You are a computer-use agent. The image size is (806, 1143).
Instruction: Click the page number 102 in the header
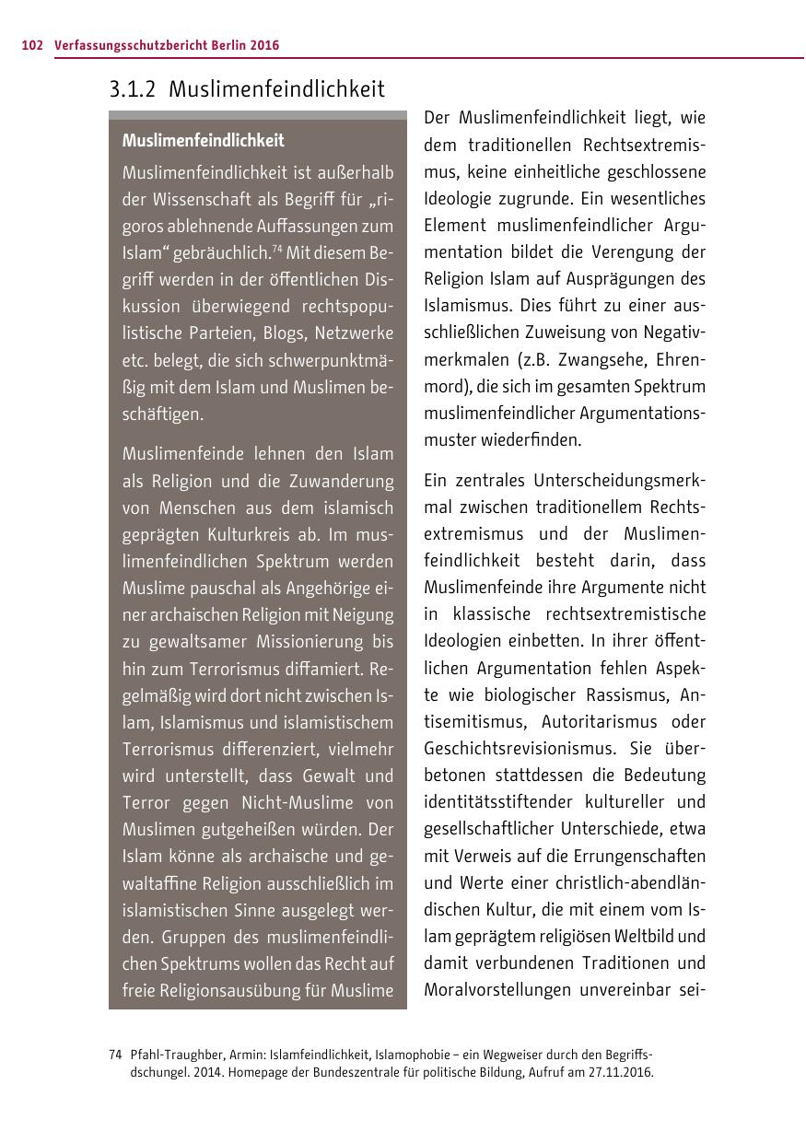click(x=32, y=45)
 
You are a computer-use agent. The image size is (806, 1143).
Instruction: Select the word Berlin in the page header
click(x=217, y=45)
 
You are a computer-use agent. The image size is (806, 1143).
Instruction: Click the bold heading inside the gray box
click(x=204, y=141)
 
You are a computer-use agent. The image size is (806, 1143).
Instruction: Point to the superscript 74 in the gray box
click(x=276, y=249)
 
